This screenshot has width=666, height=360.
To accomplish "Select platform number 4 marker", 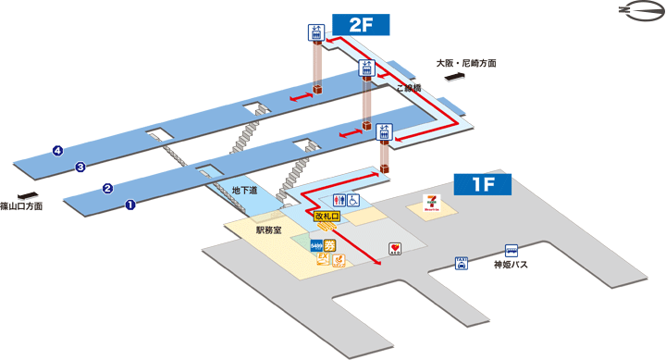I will pos(57,151).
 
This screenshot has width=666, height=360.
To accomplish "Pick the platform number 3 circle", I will pos(80,168).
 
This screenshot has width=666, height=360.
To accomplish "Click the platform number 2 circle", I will pos(107,189).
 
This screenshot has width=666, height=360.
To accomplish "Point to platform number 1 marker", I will pos(130,205).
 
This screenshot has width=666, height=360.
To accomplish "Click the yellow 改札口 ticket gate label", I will pos(327,216).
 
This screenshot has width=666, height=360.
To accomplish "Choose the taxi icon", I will pos(461,263).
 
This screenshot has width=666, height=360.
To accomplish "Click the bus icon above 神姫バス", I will pos(511,249).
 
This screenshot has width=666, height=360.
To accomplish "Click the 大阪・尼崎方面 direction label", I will pos(466,64).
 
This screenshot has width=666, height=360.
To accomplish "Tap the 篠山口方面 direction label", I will pos(21,207).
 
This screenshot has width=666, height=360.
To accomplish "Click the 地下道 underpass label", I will pos(245,192).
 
